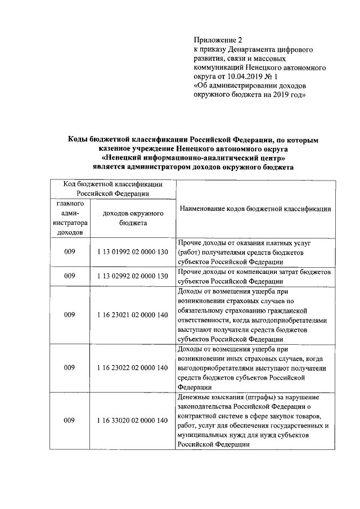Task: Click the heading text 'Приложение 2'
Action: click(x=217, y=40)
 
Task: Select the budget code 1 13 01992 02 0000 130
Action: click(x=133, y=251)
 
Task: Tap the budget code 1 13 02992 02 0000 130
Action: click(x=133, y=276)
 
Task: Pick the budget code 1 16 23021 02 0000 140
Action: click(x=133, y=315)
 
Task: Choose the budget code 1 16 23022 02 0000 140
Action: click(x=133, y=368)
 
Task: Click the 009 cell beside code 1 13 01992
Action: click(x=69, y=251)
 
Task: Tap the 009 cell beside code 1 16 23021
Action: click(x=69, y=315)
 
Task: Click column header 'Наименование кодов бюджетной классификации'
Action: click(x=255, y=209)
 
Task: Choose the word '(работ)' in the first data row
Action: click(x=190, y=252)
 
